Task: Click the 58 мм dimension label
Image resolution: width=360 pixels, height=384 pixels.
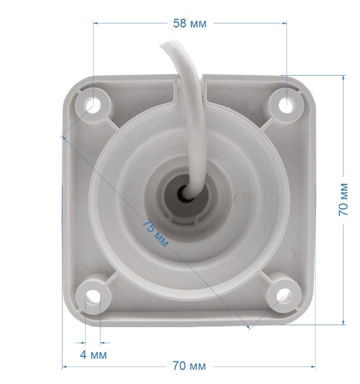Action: [x=189, y=24]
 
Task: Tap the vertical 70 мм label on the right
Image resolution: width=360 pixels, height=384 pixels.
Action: [x=343, y=200]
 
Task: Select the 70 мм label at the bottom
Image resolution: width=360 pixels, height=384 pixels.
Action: [x=189, y=366]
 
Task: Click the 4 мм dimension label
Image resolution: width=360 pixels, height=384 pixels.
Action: [x=93, y=355]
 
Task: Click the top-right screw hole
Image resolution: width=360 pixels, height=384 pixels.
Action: [x=286, y=105]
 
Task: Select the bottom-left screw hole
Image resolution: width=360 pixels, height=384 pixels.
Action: [x=92, y=296]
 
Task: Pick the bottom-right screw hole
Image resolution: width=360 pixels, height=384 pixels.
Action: [x=284, y=296]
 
